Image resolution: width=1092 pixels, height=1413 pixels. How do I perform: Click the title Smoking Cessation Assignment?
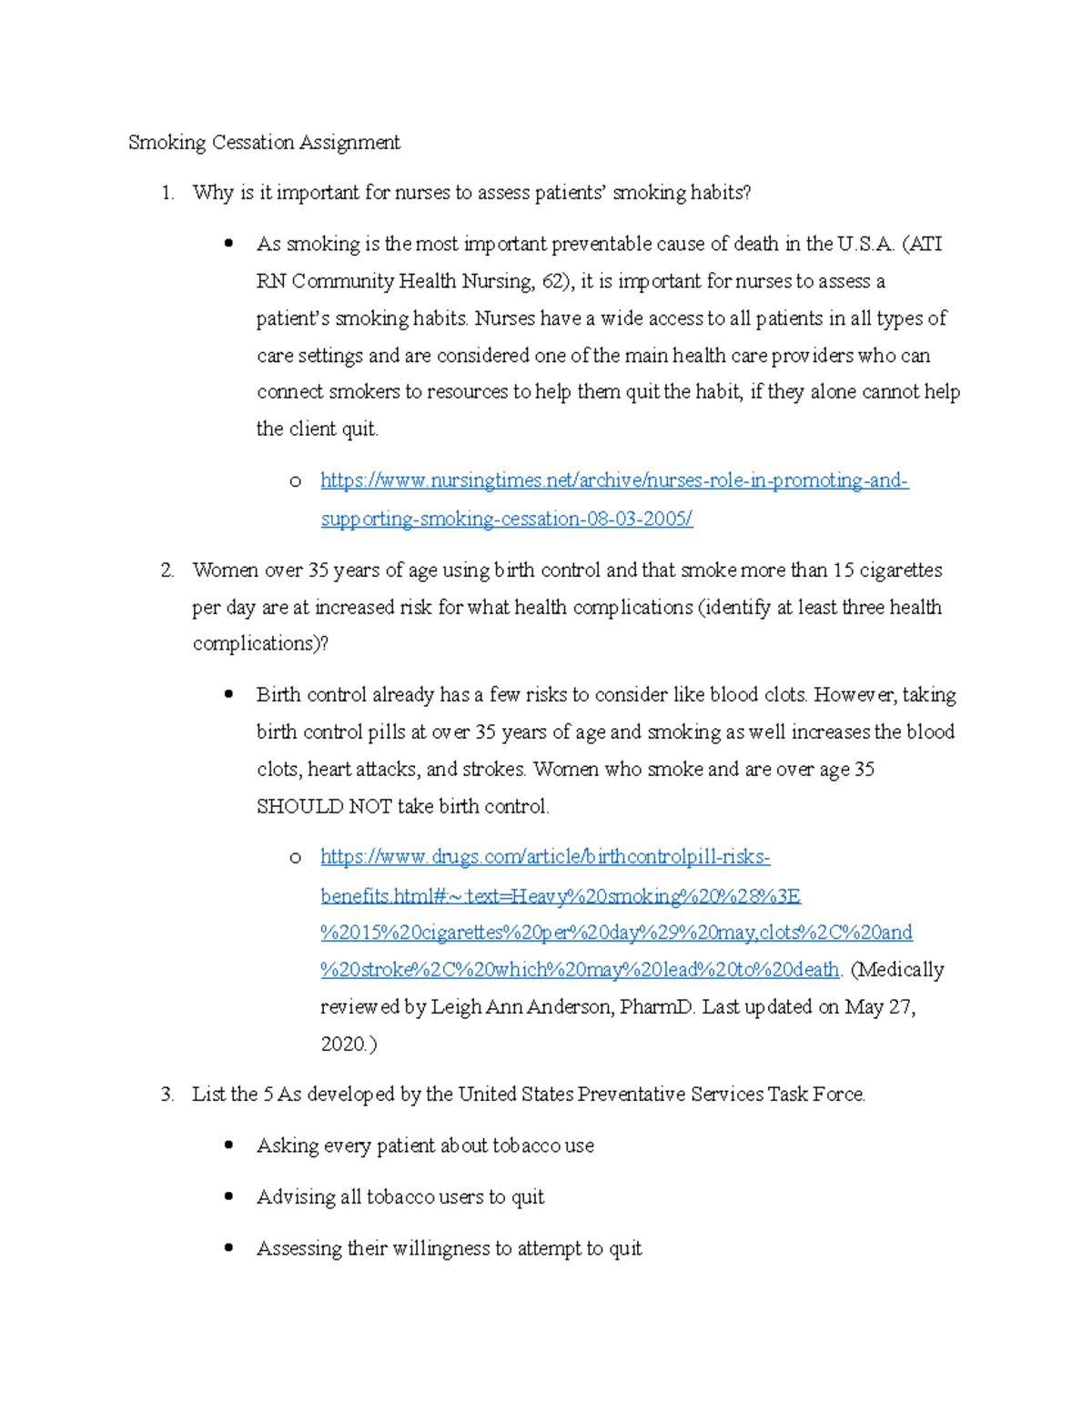(x=264, y=143)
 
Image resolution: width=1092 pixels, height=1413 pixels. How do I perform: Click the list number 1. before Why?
(x=167, y=193)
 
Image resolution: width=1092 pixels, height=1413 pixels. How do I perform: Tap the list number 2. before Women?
(x=167, y=570)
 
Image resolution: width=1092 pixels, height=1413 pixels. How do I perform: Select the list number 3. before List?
(x=167, y=1095)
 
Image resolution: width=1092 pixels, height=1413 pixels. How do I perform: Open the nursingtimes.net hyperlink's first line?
(x=614, y=480)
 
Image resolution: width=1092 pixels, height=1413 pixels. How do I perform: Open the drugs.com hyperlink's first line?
(x=545, y=857)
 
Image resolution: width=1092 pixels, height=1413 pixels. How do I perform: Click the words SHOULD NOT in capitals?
(x=324, y=806)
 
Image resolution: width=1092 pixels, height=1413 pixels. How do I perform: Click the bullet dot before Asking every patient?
(x=229, y=1146)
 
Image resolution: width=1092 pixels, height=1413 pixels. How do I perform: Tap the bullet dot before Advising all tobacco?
(x=229, y=1196)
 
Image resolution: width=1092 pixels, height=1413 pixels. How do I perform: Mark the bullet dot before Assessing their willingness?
(x=229, y=1248)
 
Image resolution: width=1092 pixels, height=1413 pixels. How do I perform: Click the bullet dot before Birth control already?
(x=229, y=695)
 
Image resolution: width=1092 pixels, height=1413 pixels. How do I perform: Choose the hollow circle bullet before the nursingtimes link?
(x=295, y=481)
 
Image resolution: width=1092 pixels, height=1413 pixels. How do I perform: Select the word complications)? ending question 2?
(x=260, y=644)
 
